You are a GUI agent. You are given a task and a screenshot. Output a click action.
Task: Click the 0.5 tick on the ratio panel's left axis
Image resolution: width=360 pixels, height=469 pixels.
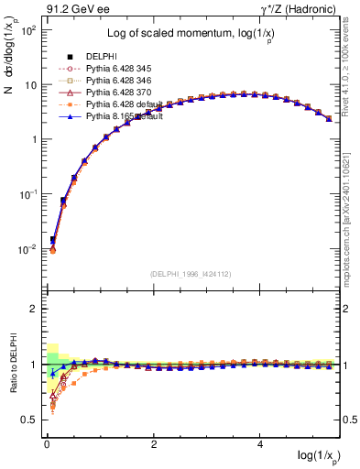click(29, 420)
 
